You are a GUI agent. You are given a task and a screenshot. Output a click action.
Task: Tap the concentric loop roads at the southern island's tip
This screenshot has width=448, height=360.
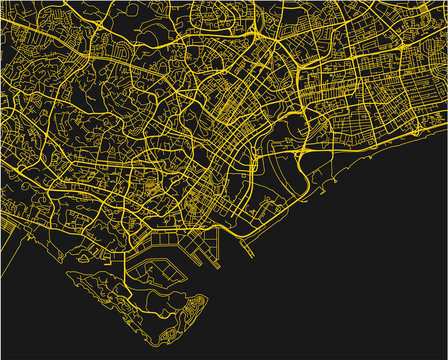[x=196, y=305]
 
